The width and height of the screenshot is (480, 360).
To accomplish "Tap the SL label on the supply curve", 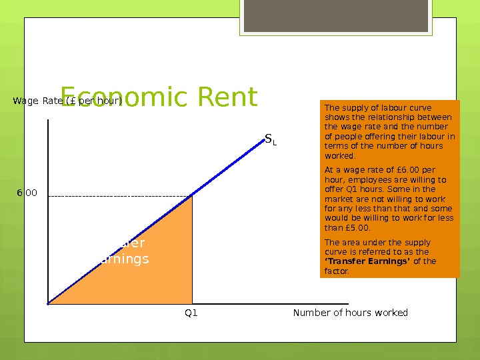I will pos(270,139).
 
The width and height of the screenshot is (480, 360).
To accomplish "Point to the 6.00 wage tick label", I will pos(27,193).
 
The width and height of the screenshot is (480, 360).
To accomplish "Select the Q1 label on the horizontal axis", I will pos(191,313).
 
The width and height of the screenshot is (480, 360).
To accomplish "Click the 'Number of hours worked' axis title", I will pos(350,313).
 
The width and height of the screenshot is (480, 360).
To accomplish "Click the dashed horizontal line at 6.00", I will pos(113,196).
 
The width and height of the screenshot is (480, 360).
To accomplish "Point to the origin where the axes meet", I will pos(49,304).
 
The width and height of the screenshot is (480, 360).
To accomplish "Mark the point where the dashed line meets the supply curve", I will pos(192,196).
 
